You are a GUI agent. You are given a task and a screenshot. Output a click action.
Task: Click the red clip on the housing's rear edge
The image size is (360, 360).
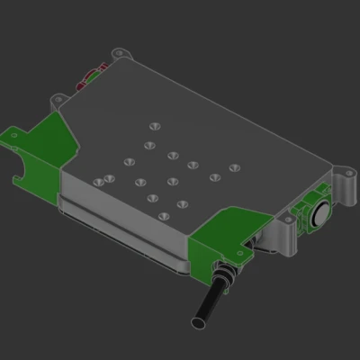pos(91,76)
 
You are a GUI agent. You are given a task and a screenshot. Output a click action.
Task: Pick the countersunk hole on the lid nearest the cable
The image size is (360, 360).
pos(163,218)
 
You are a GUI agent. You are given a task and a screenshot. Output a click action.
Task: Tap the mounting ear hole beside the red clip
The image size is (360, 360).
pos(117,53)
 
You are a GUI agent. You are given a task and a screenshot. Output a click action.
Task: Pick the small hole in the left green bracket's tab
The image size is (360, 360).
pos(14,137)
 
